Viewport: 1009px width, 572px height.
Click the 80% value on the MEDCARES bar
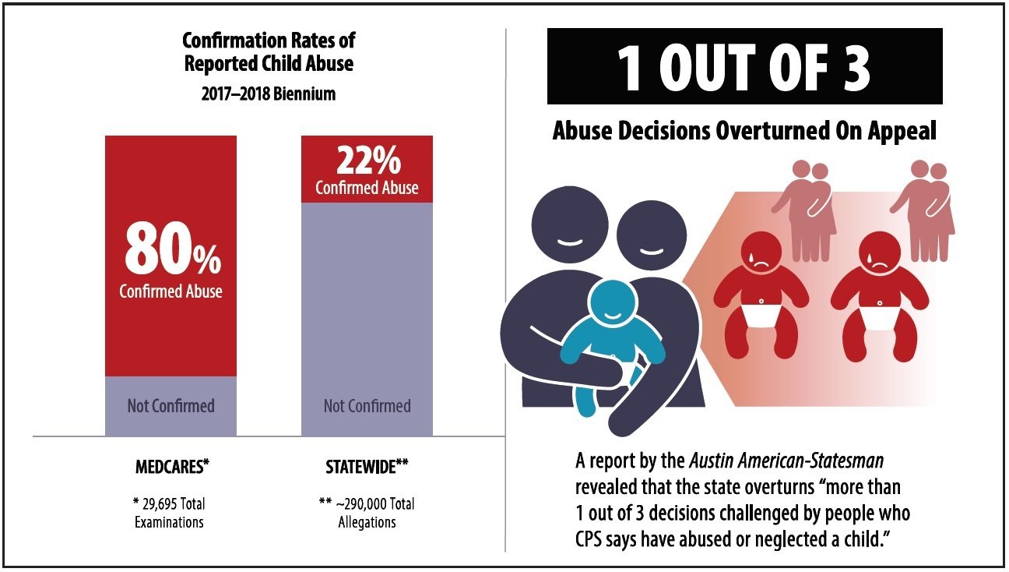[x=171, y=250]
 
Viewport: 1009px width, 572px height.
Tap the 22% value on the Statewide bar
[x=367, y=161]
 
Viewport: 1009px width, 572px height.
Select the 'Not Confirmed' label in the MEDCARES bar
[x=171, y=406]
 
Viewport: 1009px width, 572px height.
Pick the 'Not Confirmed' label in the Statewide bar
[x=367, y=406]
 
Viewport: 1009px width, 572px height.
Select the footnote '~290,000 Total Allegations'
[x=367, y=513]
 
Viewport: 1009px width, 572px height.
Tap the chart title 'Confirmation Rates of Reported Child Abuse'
[x=269, y=51]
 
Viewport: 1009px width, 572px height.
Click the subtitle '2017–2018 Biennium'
[x=269, y=94]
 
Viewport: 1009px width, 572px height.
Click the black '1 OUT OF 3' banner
[x=744, y=66]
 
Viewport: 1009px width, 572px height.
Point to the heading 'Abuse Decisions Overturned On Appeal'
[x=744, y=131]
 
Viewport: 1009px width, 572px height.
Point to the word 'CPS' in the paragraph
[x=592, y=539]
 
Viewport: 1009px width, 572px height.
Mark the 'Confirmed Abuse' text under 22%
[x=367, y=188]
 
